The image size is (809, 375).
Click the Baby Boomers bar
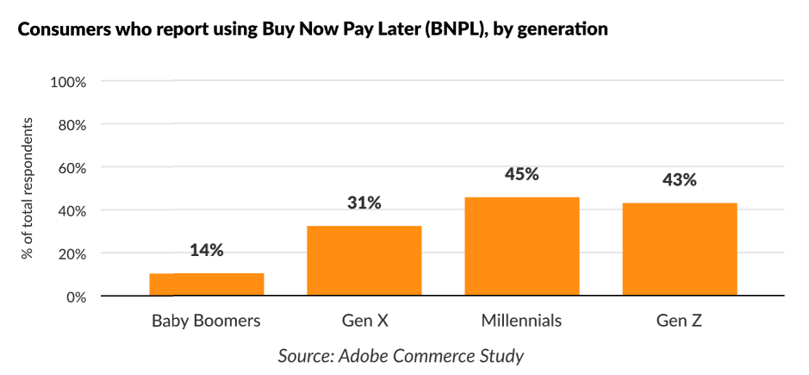coord(206,284)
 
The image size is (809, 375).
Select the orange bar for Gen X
coord(364,261)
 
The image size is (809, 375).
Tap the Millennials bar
coord(521,247)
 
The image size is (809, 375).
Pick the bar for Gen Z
coord(679,249)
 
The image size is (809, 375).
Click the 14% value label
coord(206,251)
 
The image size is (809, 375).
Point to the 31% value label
coord(364,203)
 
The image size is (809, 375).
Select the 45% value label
coord(521,174)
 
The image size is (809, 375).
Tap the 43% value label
coord(679,180)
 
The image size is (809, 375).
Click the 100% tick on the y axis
coord(69,82)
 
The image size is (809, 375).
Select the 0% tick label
coord(76,297)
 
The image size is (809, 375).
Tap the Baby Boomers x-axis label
coord(206,322)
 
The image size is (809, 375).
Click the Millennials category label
coord(521,322)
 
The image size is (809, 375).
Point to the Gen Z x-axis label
coord(679,322)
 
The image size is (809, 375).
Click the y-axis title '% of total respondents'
coord(28,190)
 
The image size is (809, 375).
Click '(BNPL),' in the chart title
coord(448,29)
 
